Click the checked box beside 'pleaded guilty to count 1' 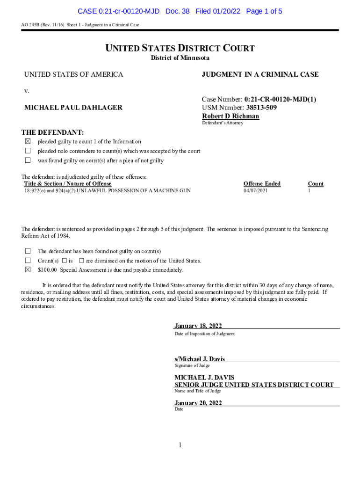point(28,141)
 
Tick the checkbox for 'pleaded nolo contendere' point(28,151)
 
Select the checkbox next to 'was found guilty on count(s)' point(28,160)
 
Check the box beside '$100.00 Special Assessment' point(28,269)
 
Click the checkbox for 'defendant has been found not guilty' point(28,251)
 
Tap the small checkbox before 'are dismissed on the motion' point(81,261)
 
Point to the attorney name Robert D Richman point(230,116)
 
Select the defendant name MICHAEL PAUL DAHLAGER point(73,108)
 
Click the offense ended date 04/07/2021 point(256,191)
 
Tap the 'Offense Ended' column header point(262,184)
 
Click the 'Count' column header point(316,184)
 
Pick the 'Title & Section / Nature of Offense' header point(68,184)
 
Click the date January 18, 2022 point(198,326)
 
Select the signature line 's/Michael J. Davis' point(200,359)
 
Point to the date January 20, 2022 point(198,403)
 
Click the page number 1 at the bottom point(180,445)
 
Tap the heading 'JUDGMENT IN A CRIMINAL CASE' point(260,74)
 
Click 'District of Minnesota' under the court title point(180,58)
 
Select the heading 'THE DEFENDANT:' point(53,132)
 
